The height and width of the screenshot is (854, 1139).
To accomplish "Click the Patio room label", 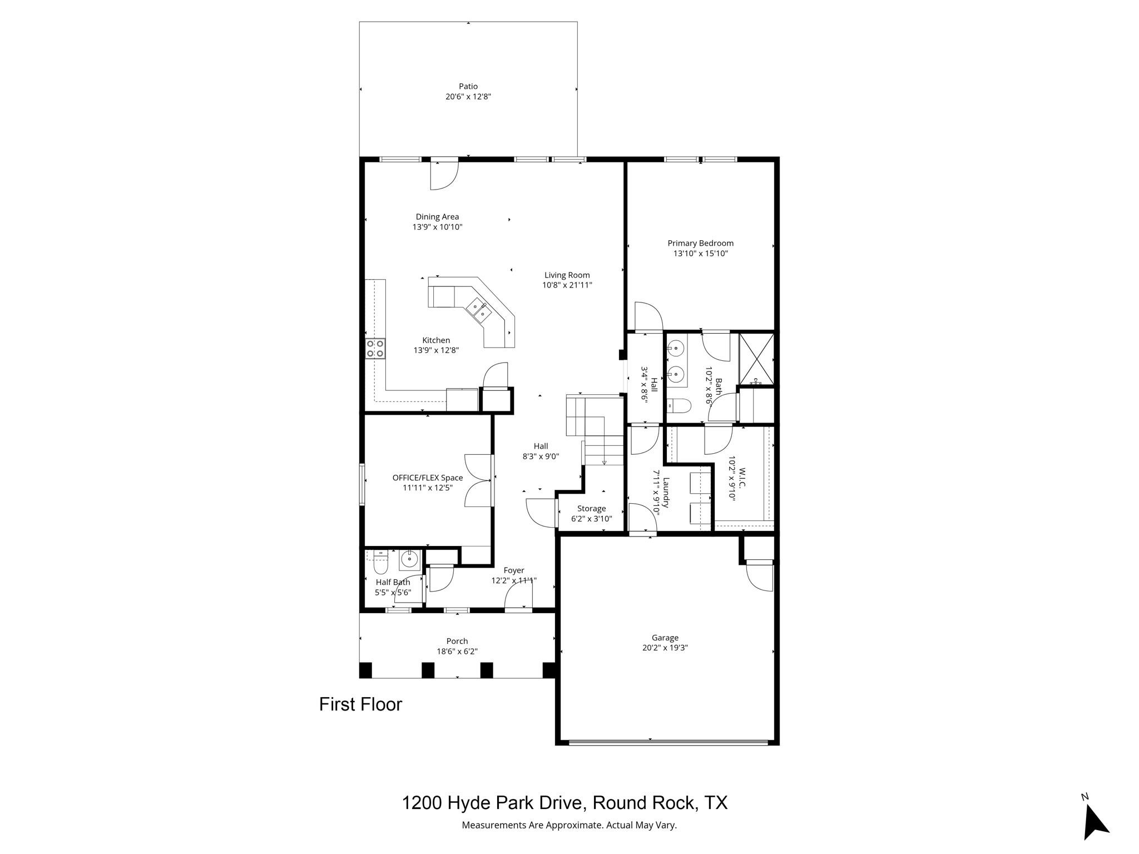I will coord(468,86).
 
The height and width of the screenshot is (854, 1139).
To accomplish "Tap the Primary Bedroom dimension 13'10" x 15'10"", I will coord(700,254).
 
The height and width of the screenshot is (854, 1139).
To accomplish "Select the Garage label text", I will coord(665,638).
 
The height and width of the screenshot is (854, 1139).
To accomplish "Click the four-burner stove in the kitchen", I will coord(375,348).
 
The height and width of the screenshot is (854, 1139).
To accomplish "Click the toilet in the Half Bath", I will coord(380,565).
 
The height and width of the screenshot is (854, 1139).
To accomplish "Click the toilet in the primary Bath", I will coord(678,406).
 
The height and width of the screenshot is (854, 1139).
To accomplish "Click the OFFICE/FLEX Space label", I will coord(427,478).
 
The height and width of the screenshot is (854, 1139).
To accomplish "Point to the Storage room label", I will coord(591,509).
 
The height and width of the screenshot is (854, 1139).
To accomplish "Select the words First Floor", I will coord(360,704).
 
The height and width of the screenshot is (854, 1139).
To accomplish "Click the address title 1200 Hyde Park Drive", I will coord(564,803).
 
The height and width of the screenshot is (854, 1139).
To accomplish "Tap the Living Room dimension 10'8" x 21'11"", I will coord(567,285).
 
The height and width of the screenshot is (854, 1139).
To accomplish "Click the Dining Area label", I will coord(437,217).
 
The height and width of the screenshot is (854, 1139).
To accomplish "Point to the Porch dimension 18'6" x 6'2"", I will coord(457,652).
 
